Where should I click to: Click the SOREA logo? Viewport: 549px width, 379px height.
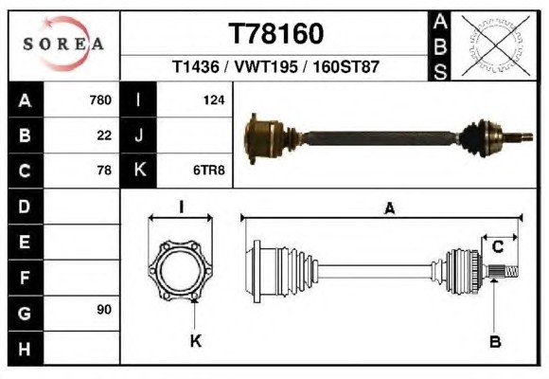point(63,44)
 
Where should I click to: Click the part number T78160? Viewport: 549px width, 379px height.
point(275,34)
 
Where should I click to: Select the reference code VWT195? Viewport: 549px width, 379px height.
point(266,66)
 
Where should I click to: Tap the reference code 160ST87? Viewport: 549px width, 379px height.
point(345,66)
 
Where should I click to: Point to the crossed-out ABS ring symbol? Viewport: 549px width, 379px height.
point(495,45)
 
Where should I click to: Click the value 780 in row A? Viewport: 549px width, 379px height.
point(100,100)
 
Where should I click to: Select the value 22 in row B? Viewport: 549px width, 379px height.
point(104,135)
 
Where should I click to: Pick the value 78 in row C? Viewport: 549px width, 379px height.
point(104,171)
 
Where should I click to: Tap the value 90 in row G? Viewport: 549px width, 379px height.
point(104,310)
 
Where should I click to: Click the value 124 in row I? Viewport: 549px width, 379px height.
point(214,100)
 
